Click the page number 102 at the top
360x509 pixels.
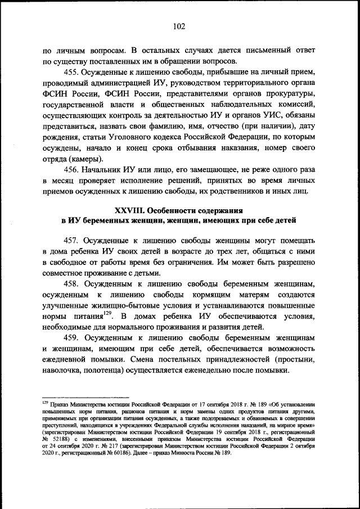coord(179,26)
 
